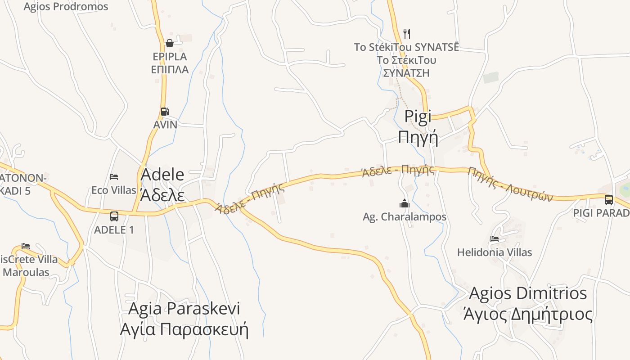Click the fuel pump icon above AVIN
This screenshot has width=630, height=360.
[x=165, y=112]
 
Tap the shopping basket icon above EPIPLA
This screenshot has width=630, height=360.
[x=170, y=43]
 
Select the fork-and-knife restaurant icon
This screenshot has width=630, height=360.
[x=407, y=33]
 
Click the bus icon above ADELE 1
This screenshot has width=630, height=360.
[x=114, y=216]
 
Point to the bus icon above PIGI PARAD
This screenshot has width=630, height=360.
[x=608, y=199]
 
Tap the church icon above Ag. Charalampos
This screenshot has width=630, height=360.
[x=405, y=203]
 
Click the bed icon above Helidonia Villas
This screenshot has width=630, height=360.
[x=495, y=239]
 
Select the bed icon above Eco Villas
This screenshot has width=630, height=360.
[x=114, y=176]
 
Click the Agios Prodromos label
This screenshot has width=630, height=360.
[x=66, y=7]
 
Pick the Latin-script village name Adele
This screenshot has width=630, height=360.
[x=162, y=175]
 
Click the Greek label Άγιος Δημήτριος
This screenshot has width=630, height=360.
[x=528, y=314]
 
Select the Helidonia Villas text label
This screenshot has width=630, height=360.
[x=495, y=252]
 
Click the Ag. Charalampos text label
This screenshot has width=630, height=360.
[x=405, y=217]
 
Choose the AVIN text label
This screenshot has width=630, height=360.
[x=165, y=125]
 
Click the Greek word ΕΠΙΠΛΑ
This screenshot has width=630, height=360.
[x=170, y=69]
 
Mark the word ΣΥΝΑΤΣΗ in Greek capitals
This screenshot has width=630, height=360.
[x=406, y=73]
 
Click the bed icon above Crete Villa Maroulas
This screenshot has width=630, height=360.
[x=26, y=246]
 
